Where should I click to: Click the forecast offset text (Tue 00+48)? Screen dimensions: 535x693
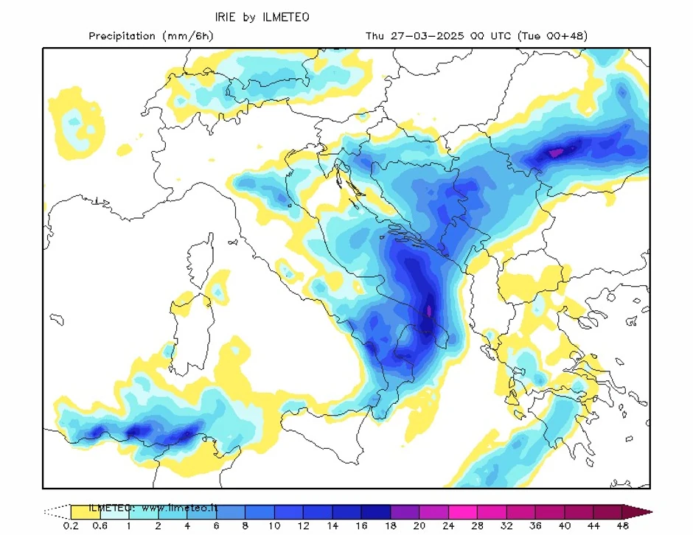[552, 36]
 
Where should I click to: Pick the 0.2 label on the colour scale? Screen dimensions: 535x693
[71, 525]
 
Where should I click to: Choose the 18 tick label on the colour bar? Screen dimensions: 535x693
[390, 525]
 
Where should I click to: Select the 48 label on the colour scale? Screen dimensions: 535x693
[621, 525]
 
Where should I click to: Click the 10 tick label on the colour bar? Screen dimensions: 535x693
[274, 525]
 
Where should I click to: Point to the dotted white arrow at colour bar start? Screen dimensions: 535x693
[56, 511]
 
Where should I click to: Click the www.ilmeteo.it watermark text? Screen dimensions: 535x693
[181, 508]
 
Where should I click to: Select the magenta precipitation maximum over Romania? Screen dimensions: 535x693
[555, 153]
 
